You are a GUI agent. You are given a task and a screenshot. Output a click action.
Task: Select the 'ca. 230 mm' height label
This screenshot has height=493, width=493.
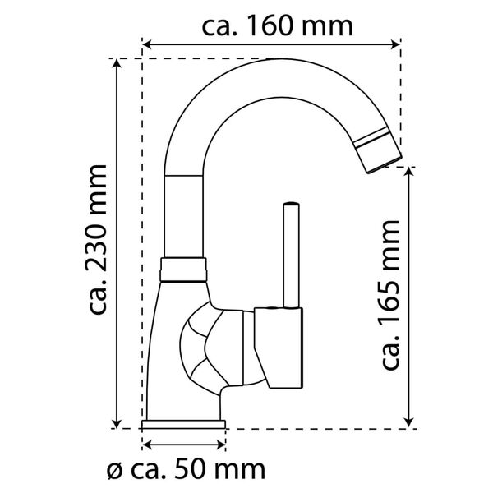point(99,239)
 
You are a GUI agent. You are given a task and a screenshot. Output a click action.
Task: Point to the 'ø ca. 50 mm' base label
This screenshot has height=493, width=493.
point(187,470)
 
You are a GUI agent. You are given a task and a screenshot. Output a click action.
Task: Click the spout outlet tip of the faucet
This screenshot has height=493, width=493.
point(383,159)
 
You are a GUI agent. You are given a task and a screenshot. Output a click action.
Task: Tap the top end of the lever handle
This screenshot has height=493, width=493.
point(290,205)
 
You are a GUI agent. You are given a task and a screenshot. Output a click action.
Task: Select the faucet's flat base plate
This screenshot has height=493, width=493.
point(184,424)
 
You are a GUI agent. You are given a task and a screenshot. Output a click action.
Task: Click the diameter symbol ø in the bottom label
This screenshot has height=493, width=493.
point(115,472)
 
